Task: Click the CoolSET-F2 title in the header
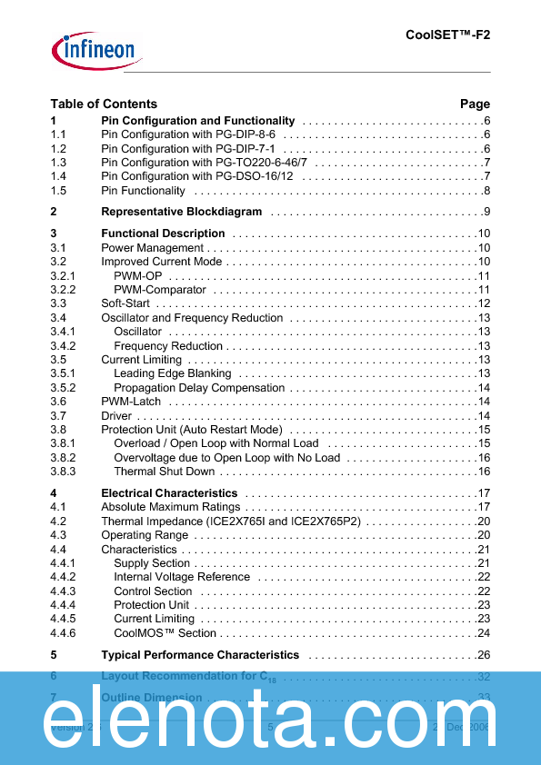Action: point(447,35)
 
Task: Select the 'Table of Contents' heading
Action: point(104,104)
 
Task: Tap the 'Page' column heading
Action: point(475,104)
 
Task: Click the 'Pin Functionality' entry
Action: point(143,191)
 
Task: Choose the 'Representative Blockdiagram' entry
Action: point(181,212)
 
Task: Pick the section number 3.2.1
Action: point(63,275)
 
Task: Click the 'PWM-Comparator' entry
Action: point(160,290)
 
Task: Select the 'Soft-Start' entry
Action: point(125,303)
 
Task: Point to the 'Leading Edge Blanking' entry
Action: point(173,373)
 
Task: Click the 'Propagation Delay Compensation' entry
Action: point(199,388)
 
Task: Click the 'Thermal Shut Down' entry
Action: point(165,472)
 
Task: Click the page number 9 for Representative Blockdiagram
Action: point(486,212)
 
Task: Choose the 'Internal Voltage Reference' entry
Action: point(182,577)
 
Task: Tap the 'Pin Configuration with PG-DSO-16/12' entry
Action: point(196,176)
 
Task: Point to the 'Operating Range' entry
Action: point(145,535)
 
